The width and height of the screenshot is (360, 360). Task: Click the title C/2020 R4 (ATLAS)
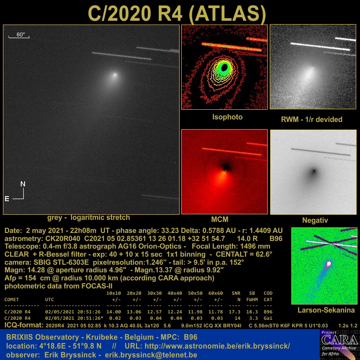177,13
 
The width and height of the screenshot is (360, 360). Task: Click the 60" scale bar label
20,34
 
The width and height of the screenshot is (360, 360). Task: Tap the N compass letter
23,184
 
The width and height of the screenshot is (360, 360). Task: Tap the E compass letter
7,199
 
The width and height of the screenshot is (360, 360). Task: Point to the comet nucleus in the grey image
115,75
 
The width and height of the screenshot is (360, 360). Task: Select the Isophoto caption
227,117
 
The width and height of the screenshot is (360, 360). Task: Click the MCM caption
220,219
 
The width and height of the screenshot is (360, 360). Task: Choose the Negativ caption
315,220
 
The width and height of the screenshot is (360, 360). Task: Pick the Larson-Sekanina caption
326,310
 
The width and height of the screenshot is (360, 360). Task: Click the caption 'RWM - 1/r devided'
312,119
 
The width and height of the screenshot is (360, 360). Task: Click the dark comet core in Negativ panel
314,171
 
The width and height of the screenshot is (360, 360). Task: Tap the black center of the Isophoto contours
224,67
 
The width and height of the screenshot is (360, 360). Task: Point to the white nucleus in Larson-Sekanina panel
329,263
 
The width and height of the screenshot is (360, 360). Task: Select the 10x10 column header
114,293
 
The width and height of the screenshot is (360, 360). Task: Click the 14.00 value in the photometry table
114,312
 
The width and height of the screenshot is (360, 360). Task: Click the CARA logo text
340,340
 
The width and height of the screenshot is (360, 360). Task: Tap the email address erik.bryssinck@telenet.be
151,355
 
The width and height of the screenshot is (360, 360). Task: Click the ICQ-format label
24,325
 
